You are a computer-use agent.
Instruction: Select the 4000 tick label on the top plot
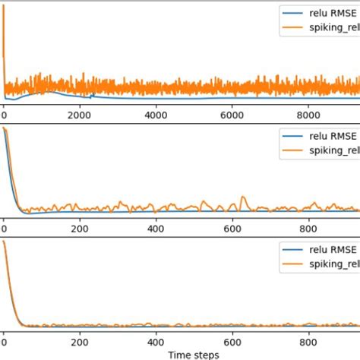(x=155, y=115)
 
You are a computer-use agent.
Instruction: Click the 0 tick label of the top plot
(x=4, y=115)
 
